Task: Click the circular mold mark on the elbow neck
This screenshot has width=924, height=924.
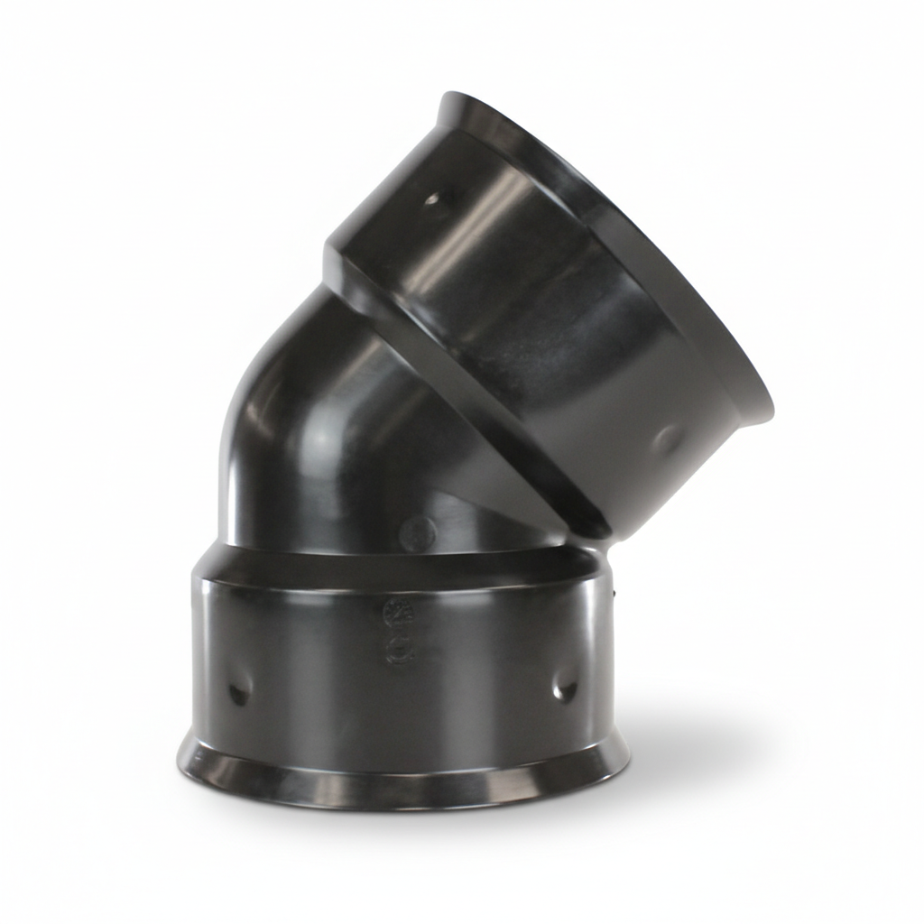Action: (x=416, y=533)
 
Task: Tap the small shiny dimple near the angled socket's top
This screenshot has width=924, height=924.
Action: (x=434, y=199)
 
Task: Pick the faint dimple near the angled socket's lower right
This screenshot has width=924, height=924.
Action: (x=667, y=440)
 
